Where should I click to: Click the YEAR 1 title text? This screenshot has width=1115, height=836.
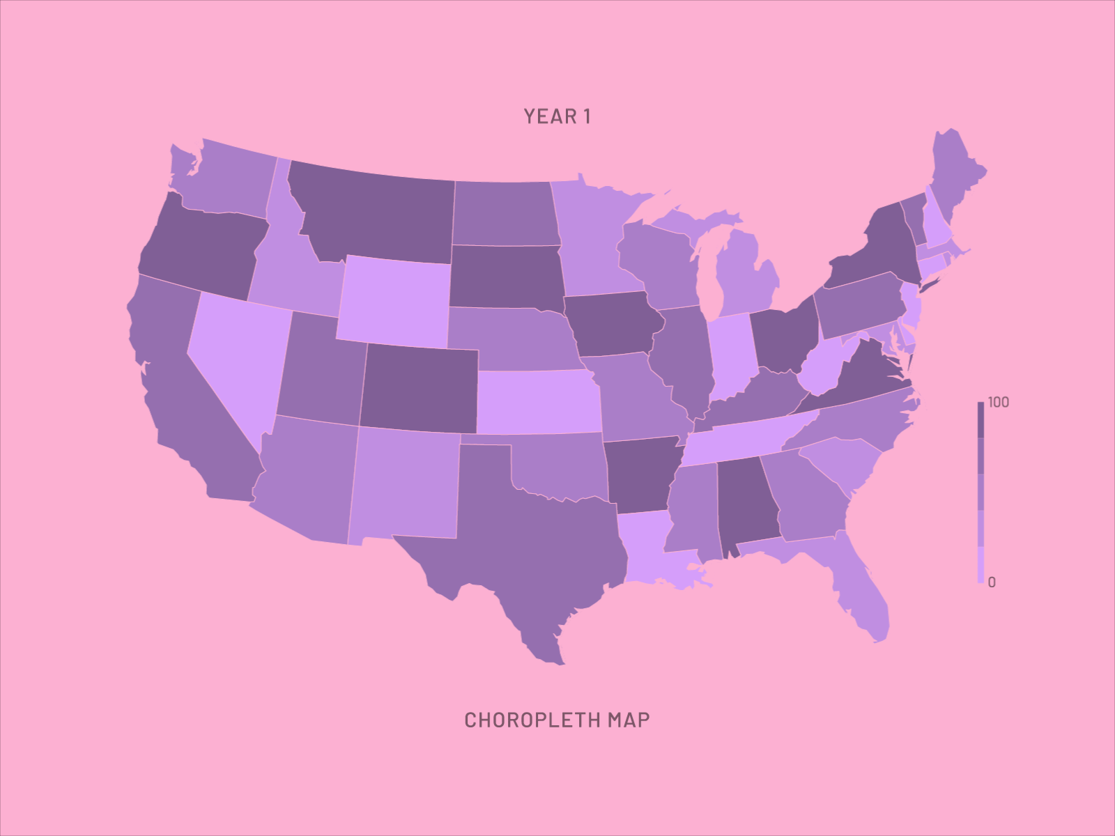557,116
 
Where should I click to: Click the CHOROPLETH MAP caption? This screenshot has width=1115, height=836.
557,720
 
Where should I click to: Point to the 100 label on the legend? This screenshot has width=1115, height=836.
998,403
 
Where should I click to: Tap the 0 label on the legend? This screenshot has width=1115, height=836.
992,582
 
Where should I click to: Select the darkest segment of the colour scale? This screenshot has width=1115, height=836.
981,420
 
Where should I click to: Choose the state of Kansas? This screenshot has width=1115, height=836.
538,402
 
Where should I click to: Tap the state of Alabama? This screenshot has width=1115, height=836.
746,502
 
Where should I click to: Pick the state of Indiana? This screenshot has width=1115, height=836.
732,355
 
